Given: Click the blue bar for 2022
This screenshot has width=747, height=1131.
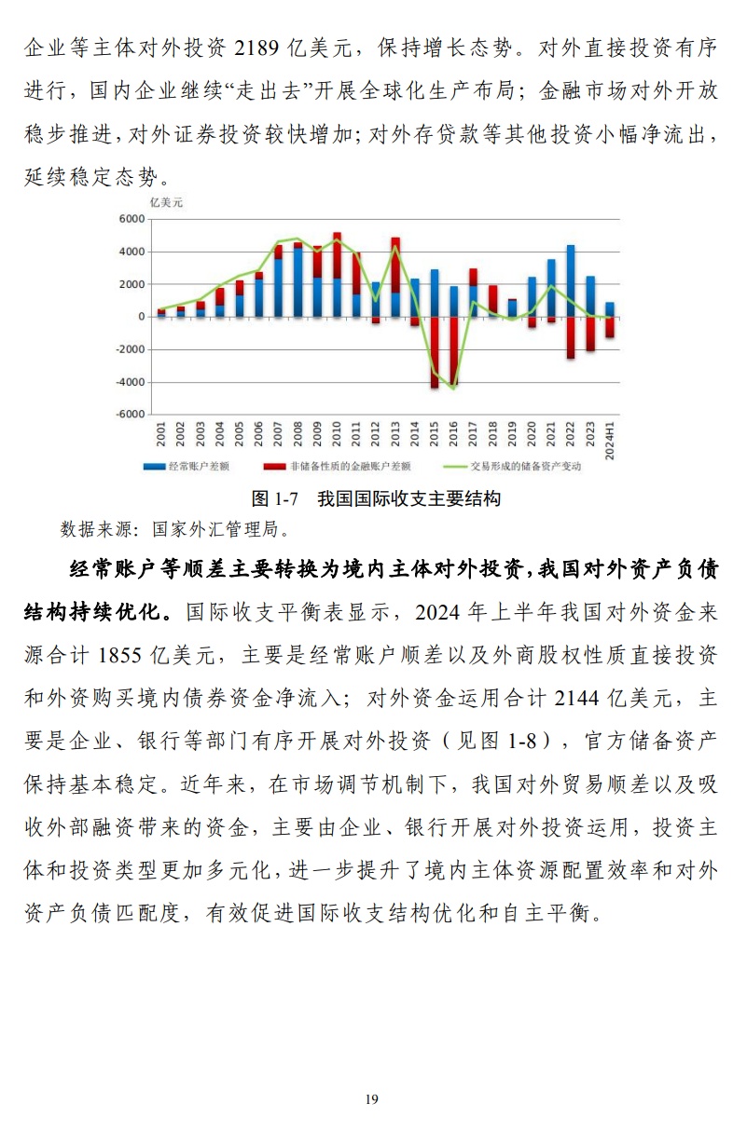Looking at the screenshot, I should [x=571, y=280].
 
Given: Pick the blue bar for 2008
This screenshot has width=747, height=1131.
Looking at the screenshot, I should [x=297, y=282].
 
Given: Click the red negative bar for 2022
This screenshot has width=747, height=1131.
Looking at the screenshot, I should [x=571, y=337].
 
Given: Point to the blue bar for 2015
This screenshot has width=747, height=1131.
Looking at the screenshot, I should [x=435, y=293].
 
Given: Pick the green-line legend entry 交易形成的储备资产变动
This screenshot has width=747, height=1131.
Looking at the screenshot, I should [x=527, y=466].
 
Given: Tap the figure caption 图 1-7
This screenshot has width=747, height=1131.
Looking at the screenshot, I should [x=271, y=498].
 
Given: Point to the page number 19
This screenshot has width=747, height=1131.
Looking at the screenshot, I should [x=372, y=1099].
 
